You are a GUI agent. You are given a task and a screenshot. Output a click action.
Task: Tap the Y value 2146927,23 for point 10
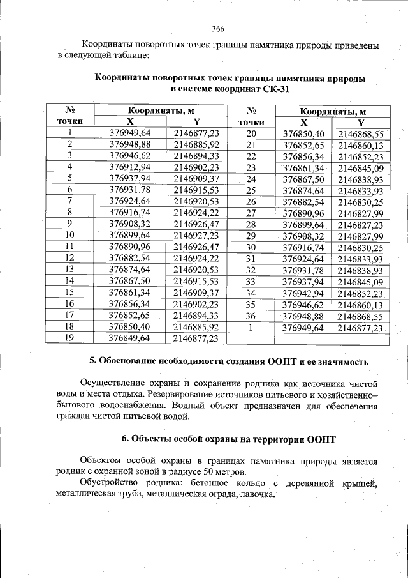coord(196,235)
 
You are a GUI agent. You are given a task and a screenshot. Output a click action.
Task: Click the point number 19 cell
coord(69,338)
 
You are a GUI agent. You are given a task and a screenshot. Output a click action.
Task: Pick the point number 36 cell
coord(251,316)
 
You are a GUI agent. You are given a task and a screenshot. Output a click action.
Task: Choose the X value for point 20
coord(303,133)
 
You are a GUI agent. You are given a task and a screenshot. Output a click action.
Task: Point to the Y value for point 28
coord(360,225)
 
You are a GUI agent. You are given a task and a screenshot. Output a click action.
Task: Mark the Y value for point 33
coord(360,282)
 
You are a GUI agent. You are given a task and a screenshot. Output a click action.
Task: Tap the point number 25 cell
coord(251,190)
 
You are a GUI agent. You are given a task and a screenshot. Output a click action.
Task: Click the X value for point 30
coord(303,247)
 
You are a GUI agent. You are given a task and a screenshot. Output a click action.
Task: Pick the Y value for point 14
coord(196,281)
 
